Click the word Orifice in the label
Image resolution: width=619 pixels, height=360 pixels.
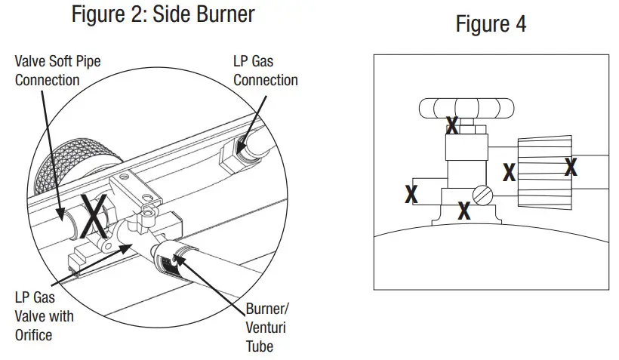click(x=34, y=334)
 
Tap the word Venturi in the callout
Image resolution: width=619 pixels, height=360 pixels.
click(x=266, y=328)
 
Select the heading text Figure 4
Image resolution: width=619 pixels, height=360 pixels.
click(x=491, y=24)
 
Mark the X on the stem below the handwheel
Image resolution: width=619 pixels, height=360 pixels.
click(x=452, y=125)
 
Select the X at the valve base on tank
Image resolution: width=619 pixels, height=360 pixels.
click(x=464, y=211)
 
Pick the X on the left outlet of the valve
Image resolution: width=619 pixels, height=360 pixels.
click(x=411, y=193)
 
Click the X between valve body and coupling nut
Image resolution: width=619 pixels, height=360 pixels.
click(x=510, y=172)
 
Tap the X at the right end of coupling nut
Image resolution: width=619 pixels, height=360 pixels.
click(x=571, y=167)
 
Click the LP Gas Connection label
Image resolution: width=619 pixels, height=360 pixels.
click(x=265, y=71)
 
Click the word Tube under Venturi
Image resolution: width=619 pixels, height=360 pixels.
click(x=259, y=346)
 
